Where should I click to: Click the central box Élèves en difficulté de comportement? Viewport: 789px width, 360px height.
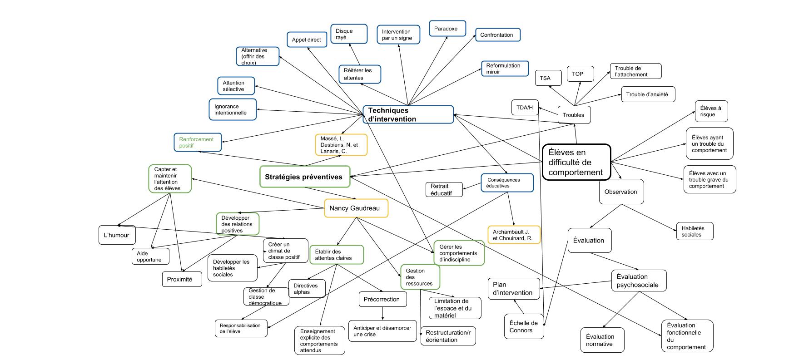[576, 162]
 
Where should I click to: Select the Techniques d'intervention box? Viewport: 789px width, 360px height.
[408, 114]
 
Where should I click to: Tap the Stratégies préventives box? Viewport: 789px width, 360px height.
[304, 177]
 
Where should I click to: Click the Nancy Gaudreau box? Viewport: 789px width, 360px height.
[356, 208]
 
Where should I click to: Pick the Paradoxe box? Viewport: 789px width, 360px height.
[447, 29]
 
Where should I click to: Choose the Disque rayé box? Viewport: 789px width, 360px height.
[348, 34]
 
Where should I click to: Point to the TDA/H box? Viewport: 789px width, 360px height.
[525, 108]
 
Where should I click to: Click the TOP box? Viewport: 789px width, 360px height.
[577, 74]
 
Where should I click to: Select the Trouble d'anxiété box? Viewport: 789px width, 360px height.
[647, 94]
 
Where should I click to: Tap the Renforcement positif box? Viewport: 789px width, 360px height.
[197, 142]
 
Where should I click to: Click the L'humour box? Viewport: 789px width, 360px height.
[117, 235]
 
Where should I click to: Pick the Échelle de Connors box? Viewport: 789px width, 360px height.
[524, 326]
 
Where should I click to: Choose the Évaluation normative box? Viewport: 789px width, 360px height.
[602, 340]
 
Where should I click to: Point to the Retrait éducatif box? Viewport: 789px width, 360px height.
[444, 189]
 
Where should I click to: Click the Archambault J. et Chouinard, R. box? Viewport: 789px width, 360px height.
[514, 235]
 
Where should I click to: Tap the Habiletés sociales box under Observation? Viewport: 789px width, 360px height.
[694, 231]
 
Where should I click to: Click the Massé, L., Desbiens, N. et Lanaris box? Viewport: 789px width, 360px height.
[341, 145]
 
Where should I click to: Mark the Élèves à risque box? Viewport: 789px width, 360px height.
[711, 111]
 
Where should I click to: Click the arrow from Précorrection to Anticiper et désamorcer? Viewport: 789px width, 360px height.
[382, 314]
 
